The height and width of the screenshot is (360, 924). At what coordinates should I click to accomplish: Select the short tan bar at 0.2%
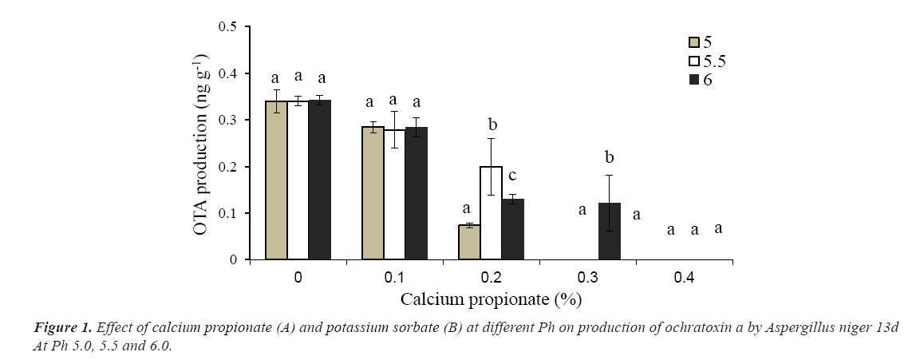469,243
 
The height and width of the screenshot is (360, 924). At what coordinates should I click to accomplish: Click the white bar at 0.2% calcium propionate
491,213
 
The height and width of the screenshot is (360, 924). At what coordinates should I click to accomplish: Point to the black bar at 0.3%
609,231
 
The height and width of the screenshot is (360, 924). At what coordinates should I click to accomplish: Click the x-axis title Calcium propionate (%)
491,300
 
